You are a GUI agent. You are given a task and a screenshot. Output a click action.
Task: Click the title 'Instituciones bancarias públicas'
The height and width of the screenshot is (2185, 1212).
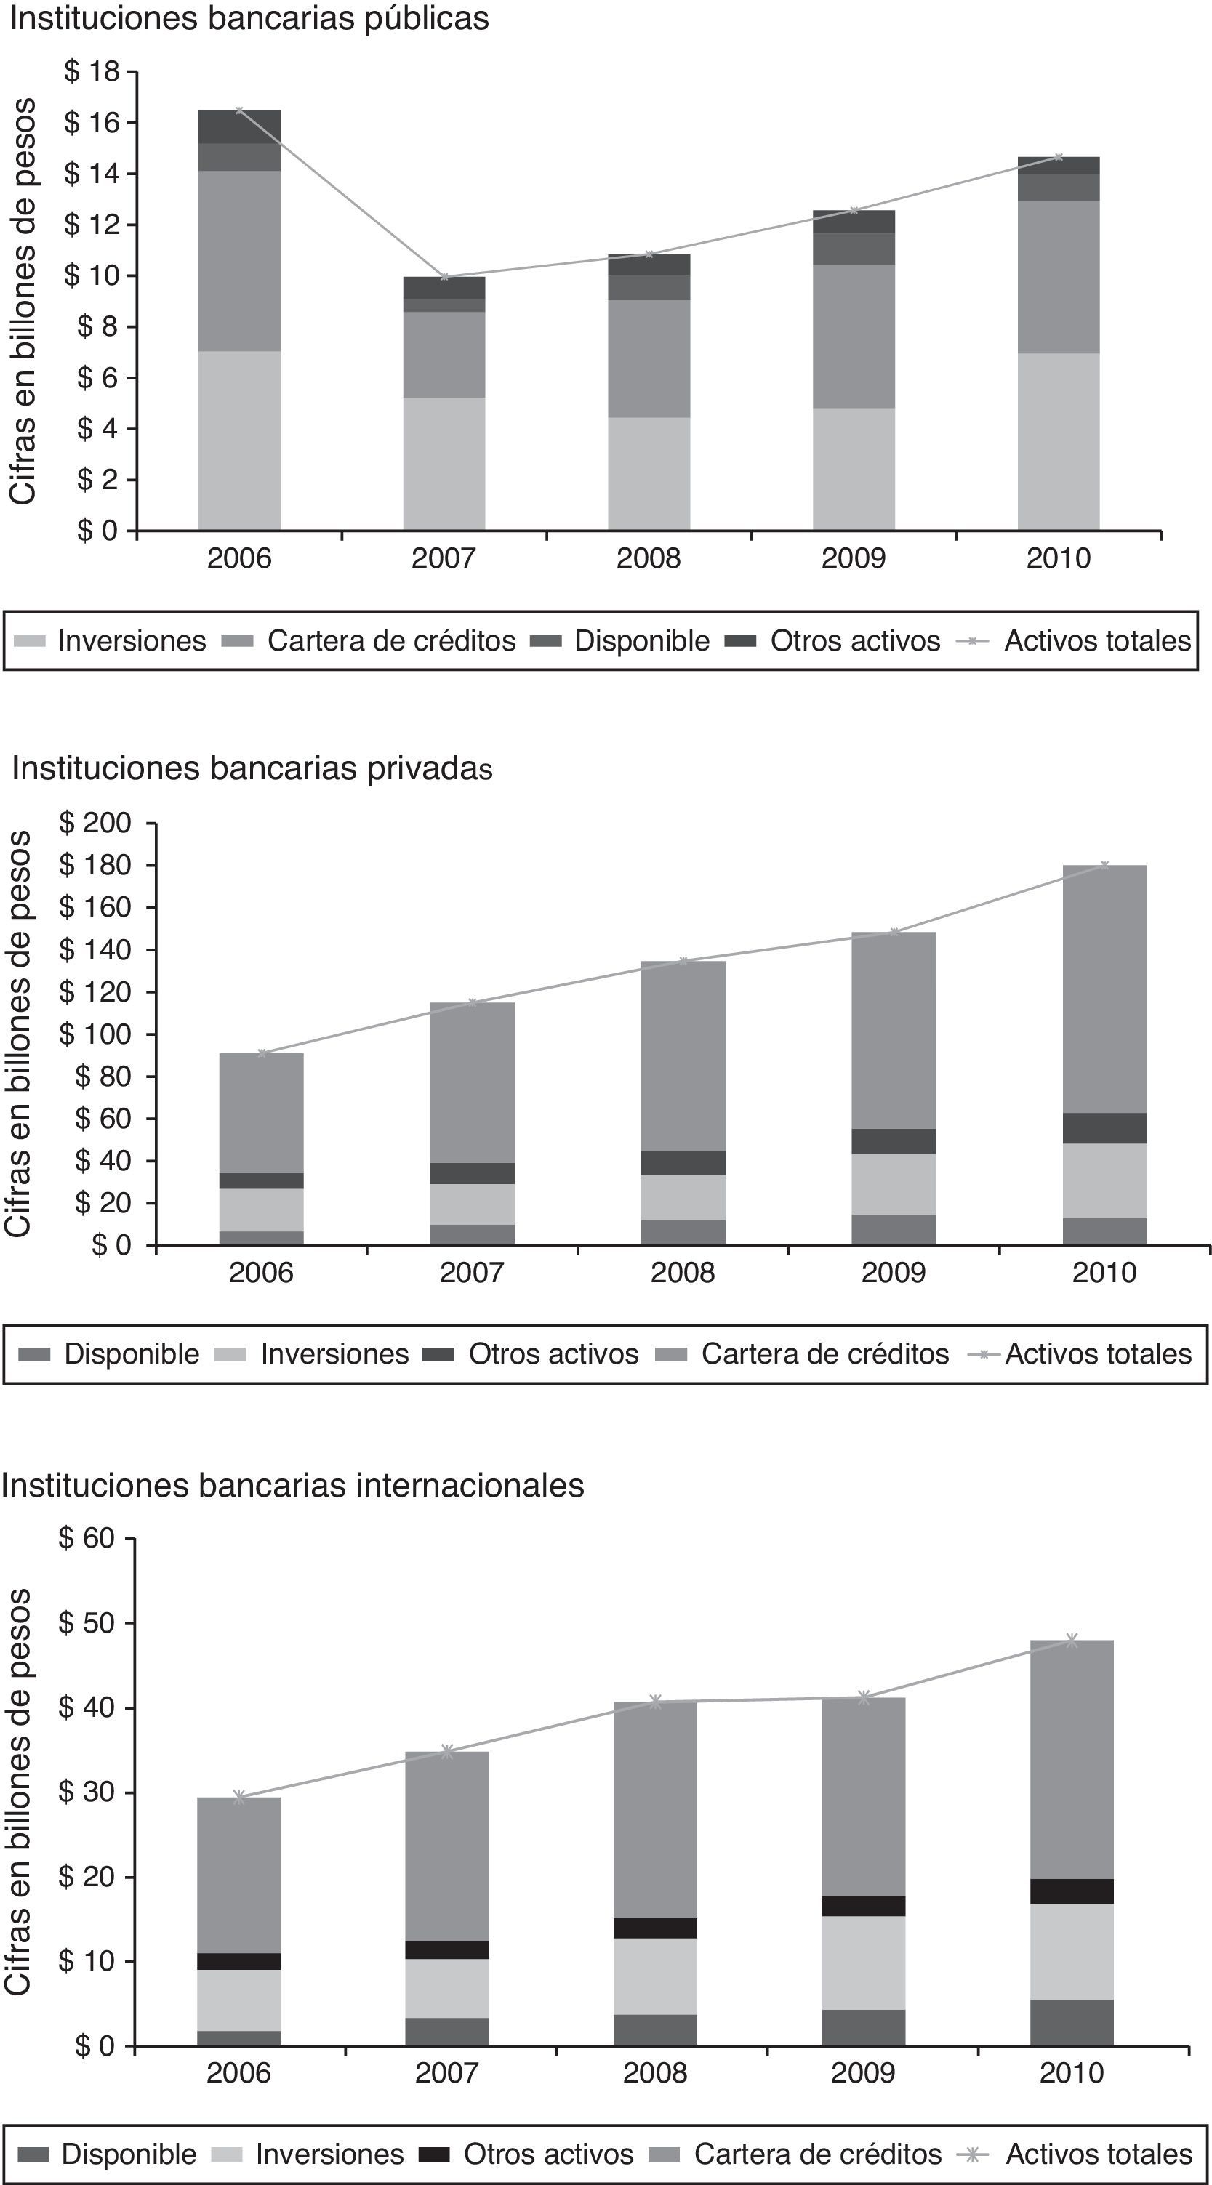point(249,18)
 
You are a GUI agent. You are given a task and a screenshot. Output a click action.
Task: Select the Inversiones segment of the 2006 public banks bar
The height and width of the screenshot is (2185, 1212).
point(239,440)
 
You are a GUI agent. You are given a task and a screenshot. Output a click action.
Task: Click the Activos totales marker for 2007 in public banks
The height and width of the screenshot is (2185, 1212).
point(444,276)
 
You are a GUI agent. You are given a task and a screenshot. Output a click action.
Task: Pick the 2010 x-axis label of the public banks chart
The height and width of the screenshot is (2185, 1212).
point(1058,558)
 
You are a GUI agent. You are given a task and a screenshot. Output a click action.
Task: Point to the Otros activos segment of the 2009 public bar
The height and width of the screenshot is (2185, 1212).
point(854,222)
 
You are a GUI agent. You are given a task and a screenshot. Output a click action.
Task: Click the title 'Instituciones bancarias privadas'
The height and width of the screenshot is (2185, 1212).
point(252,768)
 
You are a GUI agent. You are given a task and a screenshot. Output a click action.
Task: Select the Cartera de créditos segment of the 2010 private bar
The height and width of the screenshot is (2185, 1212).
point(1104,988)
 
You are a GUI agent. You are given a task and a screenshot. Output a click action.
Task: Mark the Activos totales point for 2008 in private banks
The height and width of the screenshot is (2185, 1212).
point(683,961)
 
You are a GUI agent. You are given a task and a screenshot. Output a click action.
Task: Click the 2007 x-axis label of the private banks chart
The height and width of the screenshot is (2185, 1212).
point(472,1272)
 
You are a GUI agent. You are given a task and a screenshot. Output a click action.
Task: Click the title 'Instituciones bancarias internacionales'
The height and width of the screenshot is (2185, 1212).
point(292,1485)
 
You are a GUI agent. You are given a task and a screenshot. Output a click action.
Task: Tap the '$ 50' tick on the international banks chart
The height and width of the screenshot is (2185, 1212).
point(86,1622)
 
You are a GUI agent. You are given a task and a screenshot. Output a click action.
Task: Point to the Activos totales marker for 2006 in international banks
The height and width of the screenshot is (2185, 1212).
point(239,1798)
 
